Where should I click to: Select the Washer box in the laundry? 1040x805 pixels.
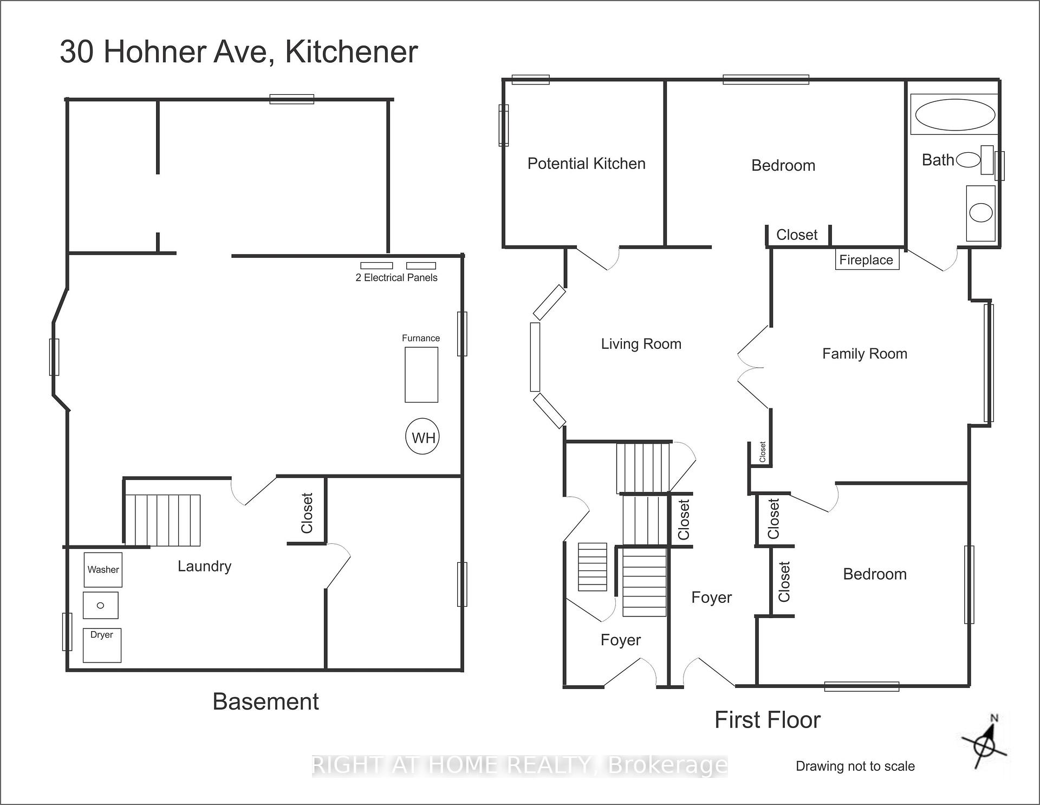[103, 569]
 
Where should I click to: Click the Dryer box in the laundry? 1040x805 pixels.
[102, 645]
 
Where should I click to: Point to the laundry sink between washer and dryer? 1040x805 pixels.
[100, 605]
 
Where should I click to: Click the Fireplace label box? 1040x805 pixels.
[867, 259]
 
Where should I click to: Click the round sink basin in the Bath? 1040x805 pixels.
[980, 212]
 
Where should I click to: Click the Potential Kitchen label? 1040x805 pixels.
[587, 164]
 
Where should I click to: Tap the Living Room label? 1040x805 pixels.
[641, 344]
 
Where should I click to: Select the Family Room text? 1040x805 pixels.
[864, 354]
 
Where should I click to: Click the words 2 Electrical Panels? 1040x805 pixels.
[396, 277]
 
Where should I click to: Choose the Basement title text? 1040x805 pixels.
[265, 702]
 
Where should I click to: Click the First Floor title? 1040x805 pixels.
[768, 720]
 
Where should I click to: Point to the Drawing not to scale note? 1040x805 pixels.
[855, 766]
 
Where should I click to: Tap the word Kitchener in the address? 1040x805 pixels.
[352, 52]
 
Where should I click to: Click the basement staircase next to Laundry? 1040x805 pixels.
[162, 520]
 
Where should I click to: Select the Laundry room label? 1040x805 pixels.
[205, 567]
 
